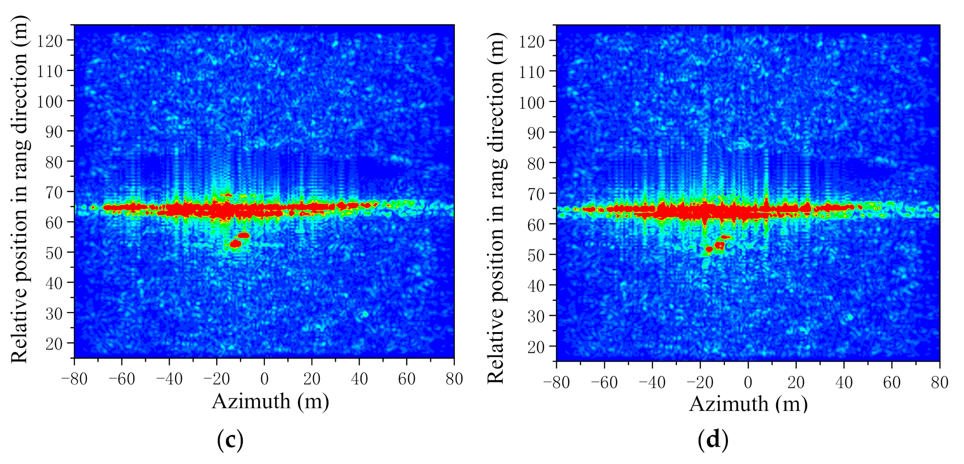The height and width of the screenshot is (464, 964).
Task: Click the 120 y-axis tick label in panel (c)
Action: pyautogui.click(x=49, y=41)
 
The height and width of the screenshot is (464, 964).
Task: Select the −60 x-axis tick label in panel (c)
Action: pyautogui.click(x=122, y=379)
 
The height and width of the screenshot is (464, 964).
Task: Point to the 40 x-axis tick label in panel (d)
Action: pyautogui.click(x=844, y=382)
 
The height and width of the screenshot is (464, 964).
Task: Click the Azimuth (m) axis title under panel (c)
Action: pyautogui.click(x=270, y=401)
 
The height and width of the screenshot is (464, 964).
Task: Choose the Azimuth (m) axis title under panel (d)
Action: pyautogui.click(x=748, y=404)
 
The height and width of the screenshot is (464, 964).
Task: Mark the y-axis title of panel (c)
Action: pyautogui.click(x=19, y=189)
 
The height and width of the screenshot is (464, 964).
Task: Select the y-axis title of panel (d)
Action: pyautogui.click(x=496, y=208)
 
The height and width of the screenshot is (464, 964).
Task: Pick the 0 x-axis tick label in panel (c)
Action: pyautogui.click(x=264, y=379)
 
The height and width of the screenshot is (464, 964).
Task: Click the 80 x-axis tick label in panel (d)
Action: pyautogui.click(x=939, y=382)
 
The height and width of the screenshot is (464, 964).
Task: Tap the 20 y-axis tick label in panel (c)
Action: pyautogui.click(x=54, y=344)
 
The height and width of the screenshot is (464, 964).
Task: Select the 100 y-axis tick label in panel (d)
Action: pyautogui.click(x=531, y=103)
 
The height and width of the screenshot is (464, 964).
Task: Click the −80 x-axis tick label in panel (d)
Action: pyautogui.click(x=556, y=382)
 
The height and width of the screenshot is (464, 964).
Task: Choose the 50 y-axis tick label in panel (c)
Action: pyautogui.click(x=54, y=253)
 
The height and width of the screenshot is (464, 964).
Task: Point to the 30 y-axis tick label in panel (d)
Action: pyautogui.click(x=536, y=316)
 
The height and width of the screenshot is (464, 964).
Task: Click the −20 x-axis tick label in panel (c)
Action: pyautogui.click(x=216, y=379)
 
